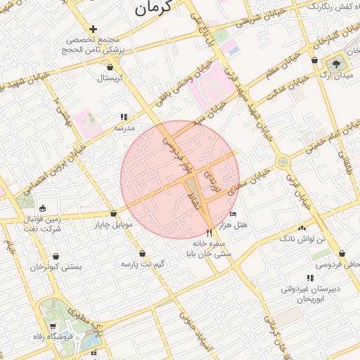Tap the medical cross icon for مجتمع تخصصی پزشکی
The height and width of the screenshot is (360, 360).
92,29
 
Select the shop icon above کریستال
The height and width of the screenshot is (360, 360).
110,67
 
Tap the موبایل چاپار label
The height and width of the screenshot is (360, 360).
108,225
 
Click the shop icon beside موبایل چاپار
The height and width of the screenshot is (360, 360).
113,214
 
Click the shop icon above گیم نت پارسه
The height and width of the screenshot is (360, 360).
143,253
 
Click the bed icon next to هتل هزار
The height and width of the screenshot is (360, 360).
233,214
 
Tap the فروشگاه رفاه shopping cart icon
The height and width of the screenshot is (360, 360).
53,325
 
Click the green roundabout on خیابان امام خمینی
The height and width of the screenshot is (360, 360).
283,162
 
